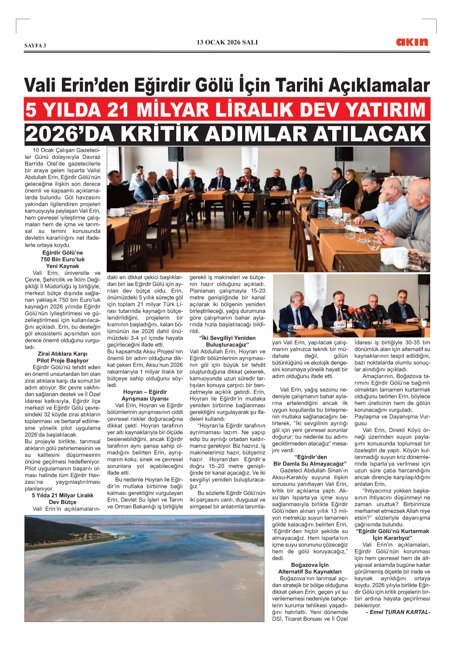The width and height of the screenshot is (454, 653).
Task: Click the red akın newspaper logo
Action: pos(412,42)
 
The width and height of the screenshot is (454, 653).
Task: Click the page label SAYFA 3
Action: pos(35,46)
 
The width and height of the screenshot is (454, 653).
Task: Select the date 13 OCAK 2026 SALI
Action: pos(227,42)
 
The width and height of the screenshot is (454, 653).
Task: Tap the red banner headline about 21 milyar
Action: pos(227,110)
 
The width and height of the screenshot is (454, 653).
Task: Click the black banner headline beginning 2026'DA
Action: pos(227,134)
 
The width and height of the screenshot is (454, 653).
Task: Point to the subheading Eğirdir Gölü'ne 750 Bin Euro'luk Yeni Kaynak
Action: pos(63,259)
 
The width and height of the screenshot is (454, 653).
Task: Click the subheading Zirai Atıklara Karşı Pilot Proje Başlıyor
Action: pos(63,357)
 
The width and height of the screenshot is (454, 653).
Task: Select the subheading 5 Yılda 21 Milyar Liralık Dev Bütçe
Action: pos(63,499)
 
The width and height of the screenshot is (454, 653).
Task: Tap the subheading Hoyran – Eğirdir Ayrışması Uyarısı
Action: pos(145,395)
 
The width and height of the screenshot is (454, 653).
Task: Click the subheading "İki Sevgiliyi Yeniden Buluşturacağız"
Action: pos(227,341)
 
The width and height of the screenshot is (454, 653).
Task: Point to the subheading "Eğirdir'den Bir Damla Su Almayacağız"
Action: pos(310,461)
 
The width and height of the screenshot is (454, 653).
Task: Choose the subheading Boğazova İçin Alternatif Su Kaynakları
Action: pos(310,568)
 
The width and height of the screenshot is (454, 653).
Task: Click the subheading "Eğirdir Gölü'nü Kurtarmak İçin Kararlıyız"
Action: pos(392,535)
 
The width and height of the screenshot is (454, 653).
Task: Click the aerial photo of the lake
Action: pos(144,569)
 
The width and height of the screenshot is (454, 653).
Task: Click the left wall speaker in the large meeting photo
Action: pos(176,154)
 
